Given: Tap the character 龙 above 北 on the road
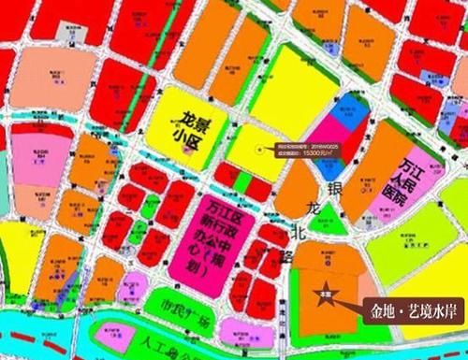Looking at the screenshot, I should pos(310,208).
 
